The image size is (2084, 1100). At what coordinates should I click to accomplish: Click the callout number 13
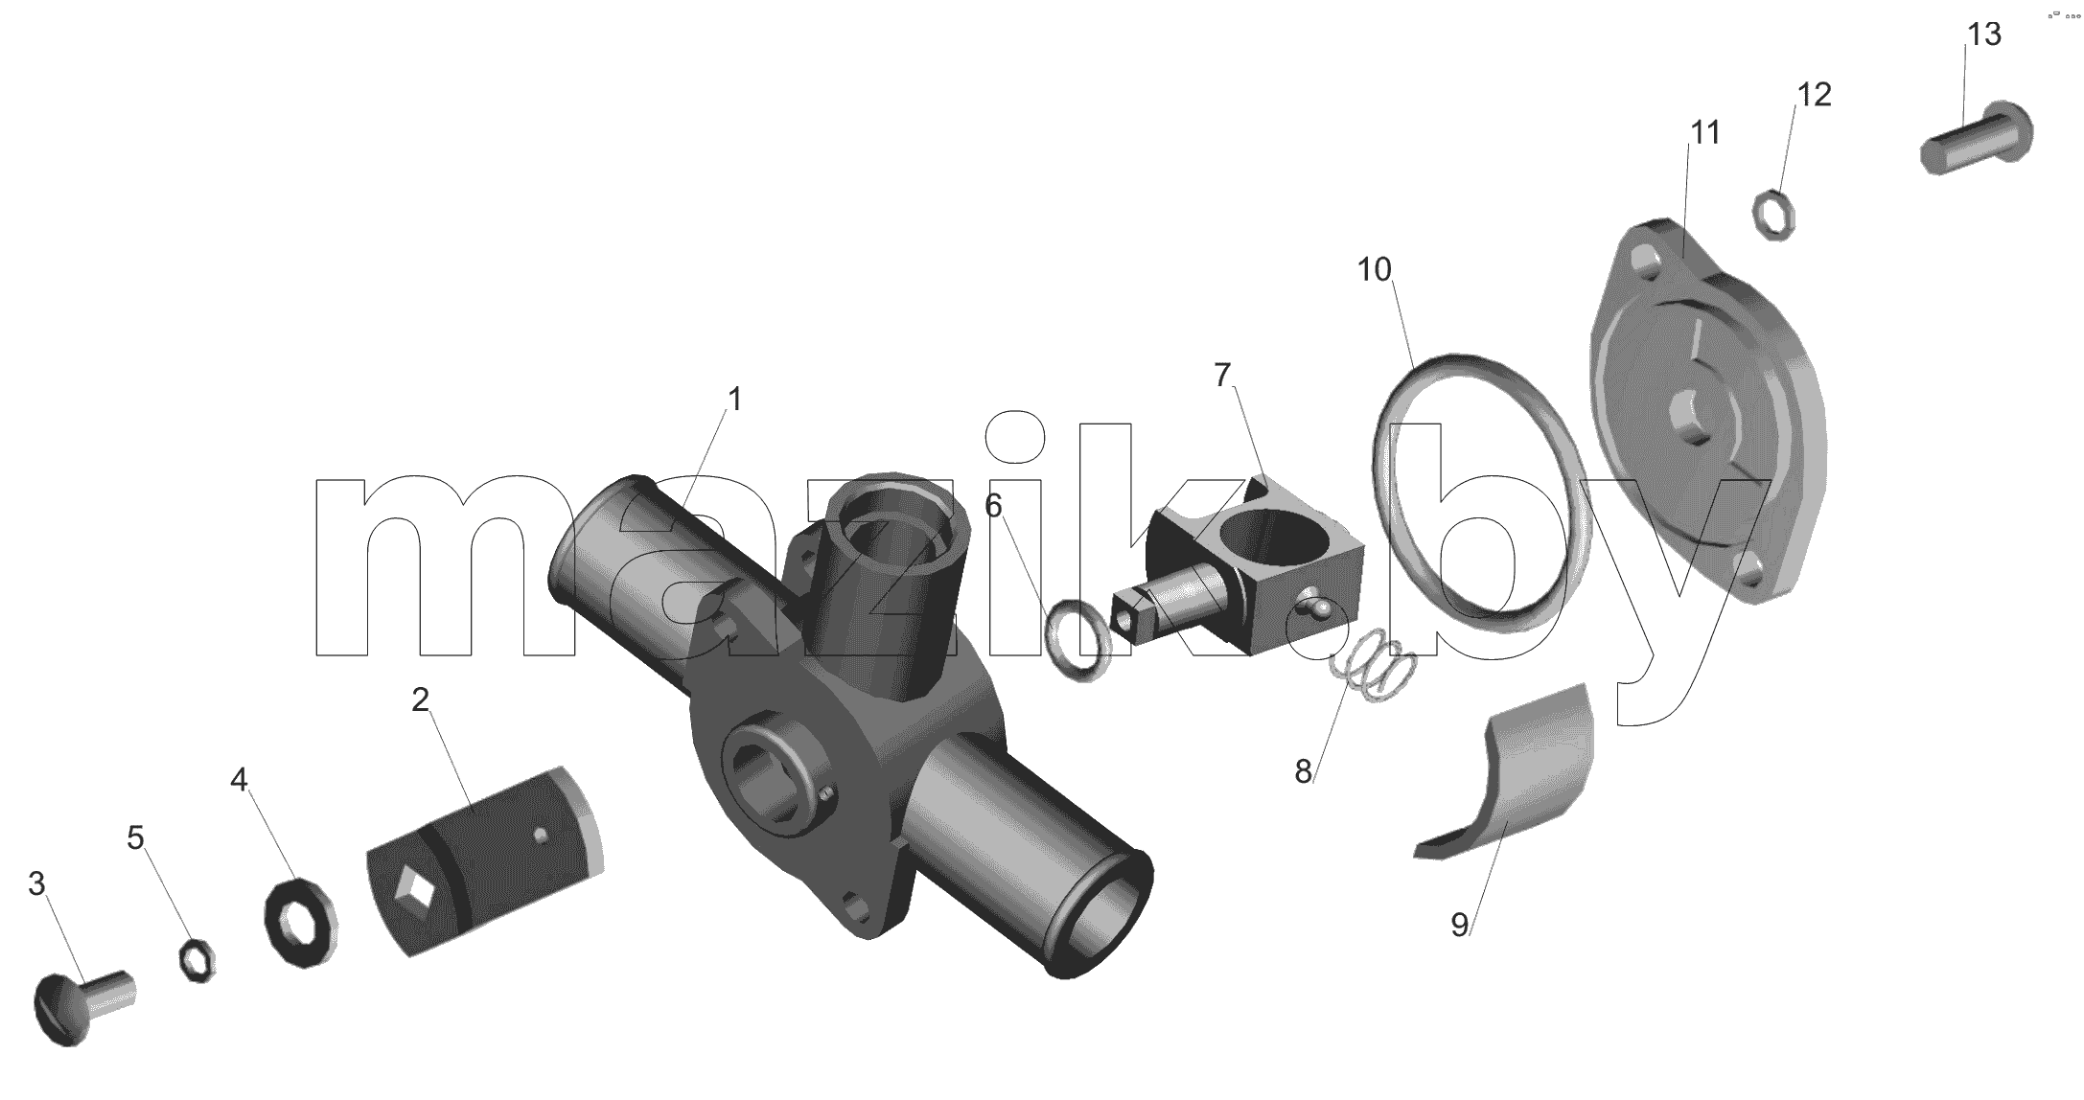pyautogui.click(x=1984, y=34)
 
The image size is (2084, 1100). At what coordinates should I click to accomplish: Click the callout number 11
pyautogui.click(x=1704, y=132)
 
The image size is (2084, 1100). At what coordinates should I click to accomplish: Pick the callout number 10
pyautogui.click(x=1375, y=270)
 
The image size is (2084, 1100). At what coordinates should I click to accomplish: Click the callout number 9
pyautogui.click(x=1459, y=925)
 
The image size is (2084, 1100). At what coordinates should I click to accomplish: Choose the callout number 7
pyautogui.click(x=1222, y=375)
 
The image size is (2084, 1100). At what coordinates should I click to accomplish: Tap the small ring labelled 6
pyautogui.click(x=1077, y=640)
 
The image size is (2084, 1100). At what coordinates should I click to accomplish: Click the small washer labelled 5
pyautogui.click(x=197, y=959)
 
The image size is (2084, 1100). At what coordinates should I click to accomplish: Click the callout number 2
pyautogui.click(x=420, y=699)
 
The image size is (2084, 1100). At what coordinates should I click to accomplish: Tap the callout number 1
pyautogui.click(x=735, y=400)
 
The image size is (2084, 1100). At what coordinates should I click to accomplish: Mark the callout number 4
pyautogui.click(x=239, y=780)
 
